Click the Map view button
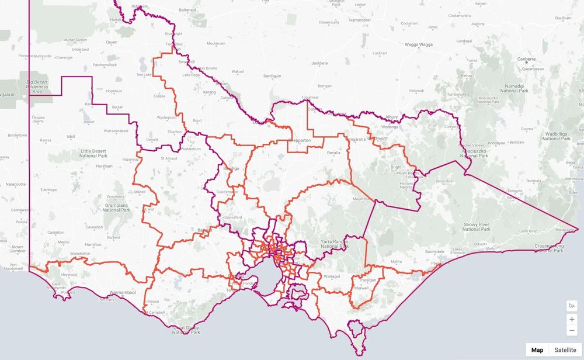pyautogui.click(x=537, y=349)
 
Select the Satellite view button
pyautogui.click(x=565, y=349)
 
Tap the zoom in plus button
pyautogui.click(x=572, y=319)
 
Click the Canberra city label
pyautogui.click(x=526, y=59)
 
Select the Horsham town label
pyautogui.click(x=104, y=167)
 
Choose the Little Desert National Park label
pyautogui.click(x=93, y=154)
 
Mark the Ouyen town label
pyautogui.click(x=111, y=42)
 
